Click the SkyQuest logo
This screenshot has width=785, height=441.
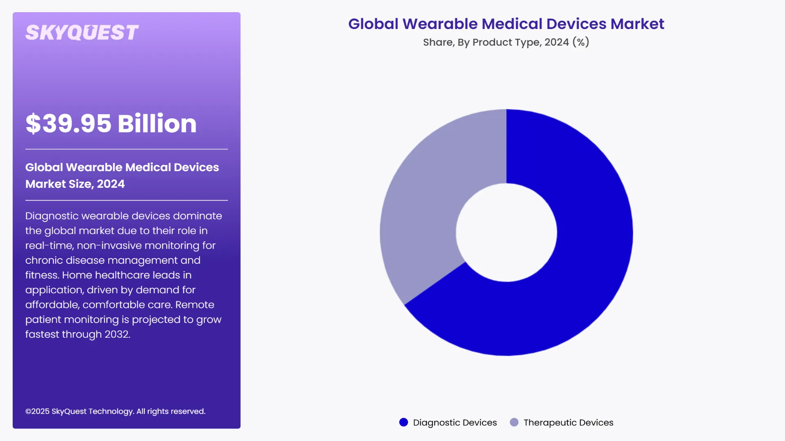[82, 33]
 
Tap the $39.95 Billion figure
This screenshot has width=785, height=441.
[111, 123]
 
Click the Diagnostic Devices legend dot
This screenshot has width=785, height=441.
[404, 422]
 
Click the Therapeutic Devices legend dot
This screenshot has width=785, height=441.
[514, 422]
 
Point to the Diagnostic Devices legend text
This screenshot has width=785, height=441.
[455, 423]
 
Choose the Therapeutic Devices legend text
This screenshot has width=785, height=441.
[568, 423]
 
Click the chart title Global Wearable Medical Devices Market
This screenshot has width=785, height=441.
[506, 24]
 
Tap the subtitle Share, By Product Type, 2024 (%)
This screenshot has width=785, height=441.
[506, 42]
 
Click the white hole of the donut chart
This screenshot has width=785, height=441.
[506, 232]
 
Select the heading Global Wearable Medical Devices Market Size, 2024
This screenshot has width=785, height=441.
[122, 175]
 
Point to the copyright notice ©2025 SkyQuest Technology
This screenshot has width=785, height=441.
[115, 411]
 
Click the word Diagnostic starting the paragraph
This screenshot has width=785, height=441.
[52, 216]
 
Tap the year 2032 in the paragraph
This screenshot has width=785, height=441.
[117, 334]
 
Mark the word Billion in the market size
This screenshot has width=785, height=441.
[157, 123]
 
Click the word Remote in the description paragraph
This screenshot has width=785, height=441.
[195, 305]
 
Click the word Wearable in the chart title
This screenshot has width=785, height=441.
[440, 24]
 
